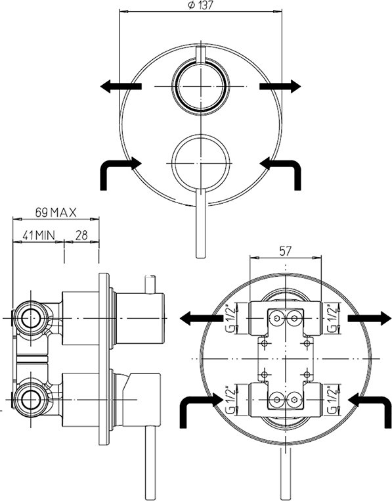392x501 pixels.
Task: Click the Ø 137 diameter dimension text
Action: point(200,5)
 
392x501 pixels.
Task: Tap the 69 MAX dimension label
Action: point(56,212)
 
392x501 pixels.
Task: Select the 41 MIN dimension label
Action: point(39,235)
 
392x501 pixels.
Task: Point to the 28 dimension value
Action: point(81,235)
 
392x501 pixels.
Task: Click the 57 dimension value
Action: point(286,251)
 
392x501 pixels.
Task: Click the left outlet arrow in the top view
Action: point(121,86)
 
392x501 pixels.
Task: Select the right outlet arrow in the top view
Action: point(280,86)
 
